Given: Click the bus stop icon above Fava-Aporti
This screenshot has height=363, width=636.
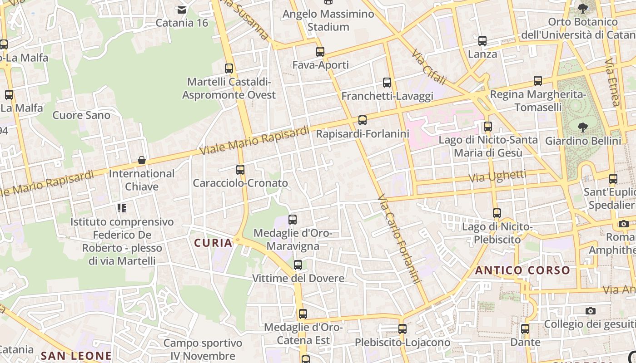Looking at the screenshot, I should pos(320,51).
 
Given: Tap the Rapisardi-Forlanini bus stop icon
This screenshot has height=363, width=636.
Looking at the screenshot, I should pos(362,120).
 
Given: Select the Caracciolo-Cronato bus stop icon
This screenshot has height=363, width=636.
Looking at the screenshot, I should pos(240,170).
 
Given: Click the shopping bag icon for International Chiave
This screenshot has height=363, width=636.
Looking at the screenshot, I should pos(142,160).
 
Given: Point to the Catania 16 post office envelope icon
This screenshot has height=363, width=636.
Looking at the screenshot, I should pos(182,10).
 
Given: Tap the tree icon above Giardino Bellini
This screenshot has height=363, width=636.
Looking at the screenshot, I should pos(582,128).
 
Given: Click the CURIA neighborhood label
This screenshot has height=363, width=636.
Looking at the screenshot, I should pos(213,243).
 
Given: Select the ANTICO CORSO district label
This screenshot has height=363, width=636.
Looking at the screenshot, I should pos(522,271).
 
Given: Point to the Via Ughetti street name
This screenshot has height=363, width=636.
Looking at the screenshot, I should pos(497,176).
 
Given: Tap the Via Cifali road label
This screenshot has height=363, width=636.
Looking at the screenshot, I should pos(429,68).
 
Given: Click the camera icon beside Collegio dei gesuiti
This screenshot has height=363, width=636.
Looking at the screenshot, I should pos(590,311).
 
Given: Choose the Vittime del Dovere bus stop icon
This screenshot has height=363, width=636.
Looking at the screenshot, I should pos(298,265).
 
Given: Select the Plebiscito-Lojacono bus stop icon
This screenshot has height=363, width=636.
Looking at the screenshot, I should pos(402,329).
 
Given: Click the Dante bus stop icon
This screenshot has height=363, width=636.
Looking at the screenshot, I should pos(525,329).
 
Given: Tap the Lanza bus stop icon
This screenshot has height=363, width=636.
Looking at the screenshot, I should pos(482,41).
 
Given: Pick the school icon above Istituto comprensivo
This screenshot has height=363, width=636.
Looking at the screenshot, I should pos(121,208).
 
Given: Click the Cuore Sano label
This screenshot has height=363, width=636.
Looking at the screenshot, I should pos(81,115).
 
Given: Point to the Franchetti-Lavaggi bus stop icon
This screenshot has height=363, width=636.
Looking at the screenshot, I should pos(387,83).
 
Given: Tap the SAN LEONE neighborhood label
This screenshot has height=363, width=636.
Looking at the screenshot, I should pos(76,356).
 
